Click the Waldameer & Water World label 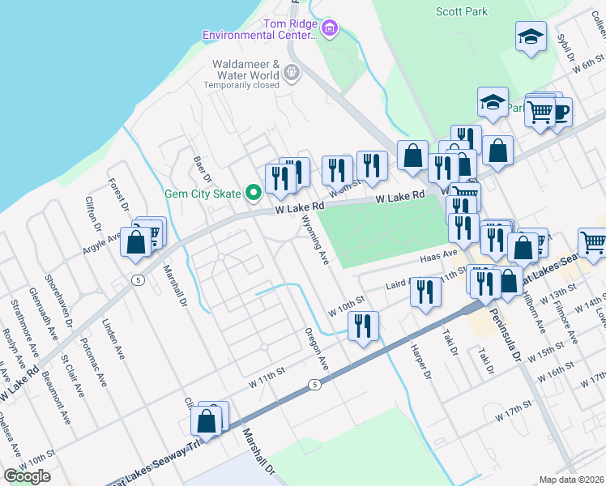(245, 70)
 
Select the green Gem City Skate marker (253, 193)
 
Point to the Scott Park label (462, 11)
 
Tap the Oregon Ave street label (316, 349)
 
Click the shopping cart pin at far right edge (592, 241)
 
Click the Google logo (27, 476)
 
